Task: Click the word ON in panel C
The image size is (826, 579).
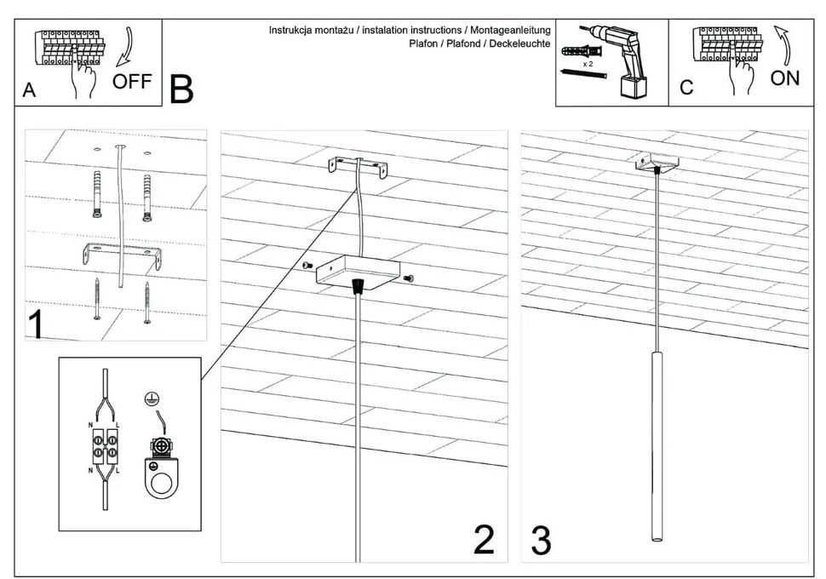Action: (784, 78)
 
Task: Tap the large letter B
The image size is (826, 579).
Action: (181, 89)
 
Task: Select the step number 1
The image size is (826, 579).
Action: (36, 326)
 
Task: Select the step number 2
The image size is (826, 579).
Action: (483, 540)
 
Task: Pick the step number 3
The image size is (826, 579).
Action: (541, 540)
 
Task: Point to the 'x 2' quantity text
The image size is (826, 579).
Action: (588, 64)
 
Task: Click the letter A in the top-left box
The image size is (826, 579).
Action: (29, 90)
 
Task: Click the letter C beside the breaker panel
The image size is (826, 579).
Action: (686, 88)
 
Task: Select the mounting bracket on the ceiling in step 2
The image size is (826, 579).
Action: (359, 166)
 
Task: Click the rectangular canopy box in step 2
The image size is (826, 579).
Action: (358, 269)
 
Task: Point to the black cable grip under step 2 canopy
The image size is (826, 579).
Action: (359, 286)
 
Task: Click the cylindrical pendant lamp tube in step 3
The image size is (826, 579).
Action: (657, 443)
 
